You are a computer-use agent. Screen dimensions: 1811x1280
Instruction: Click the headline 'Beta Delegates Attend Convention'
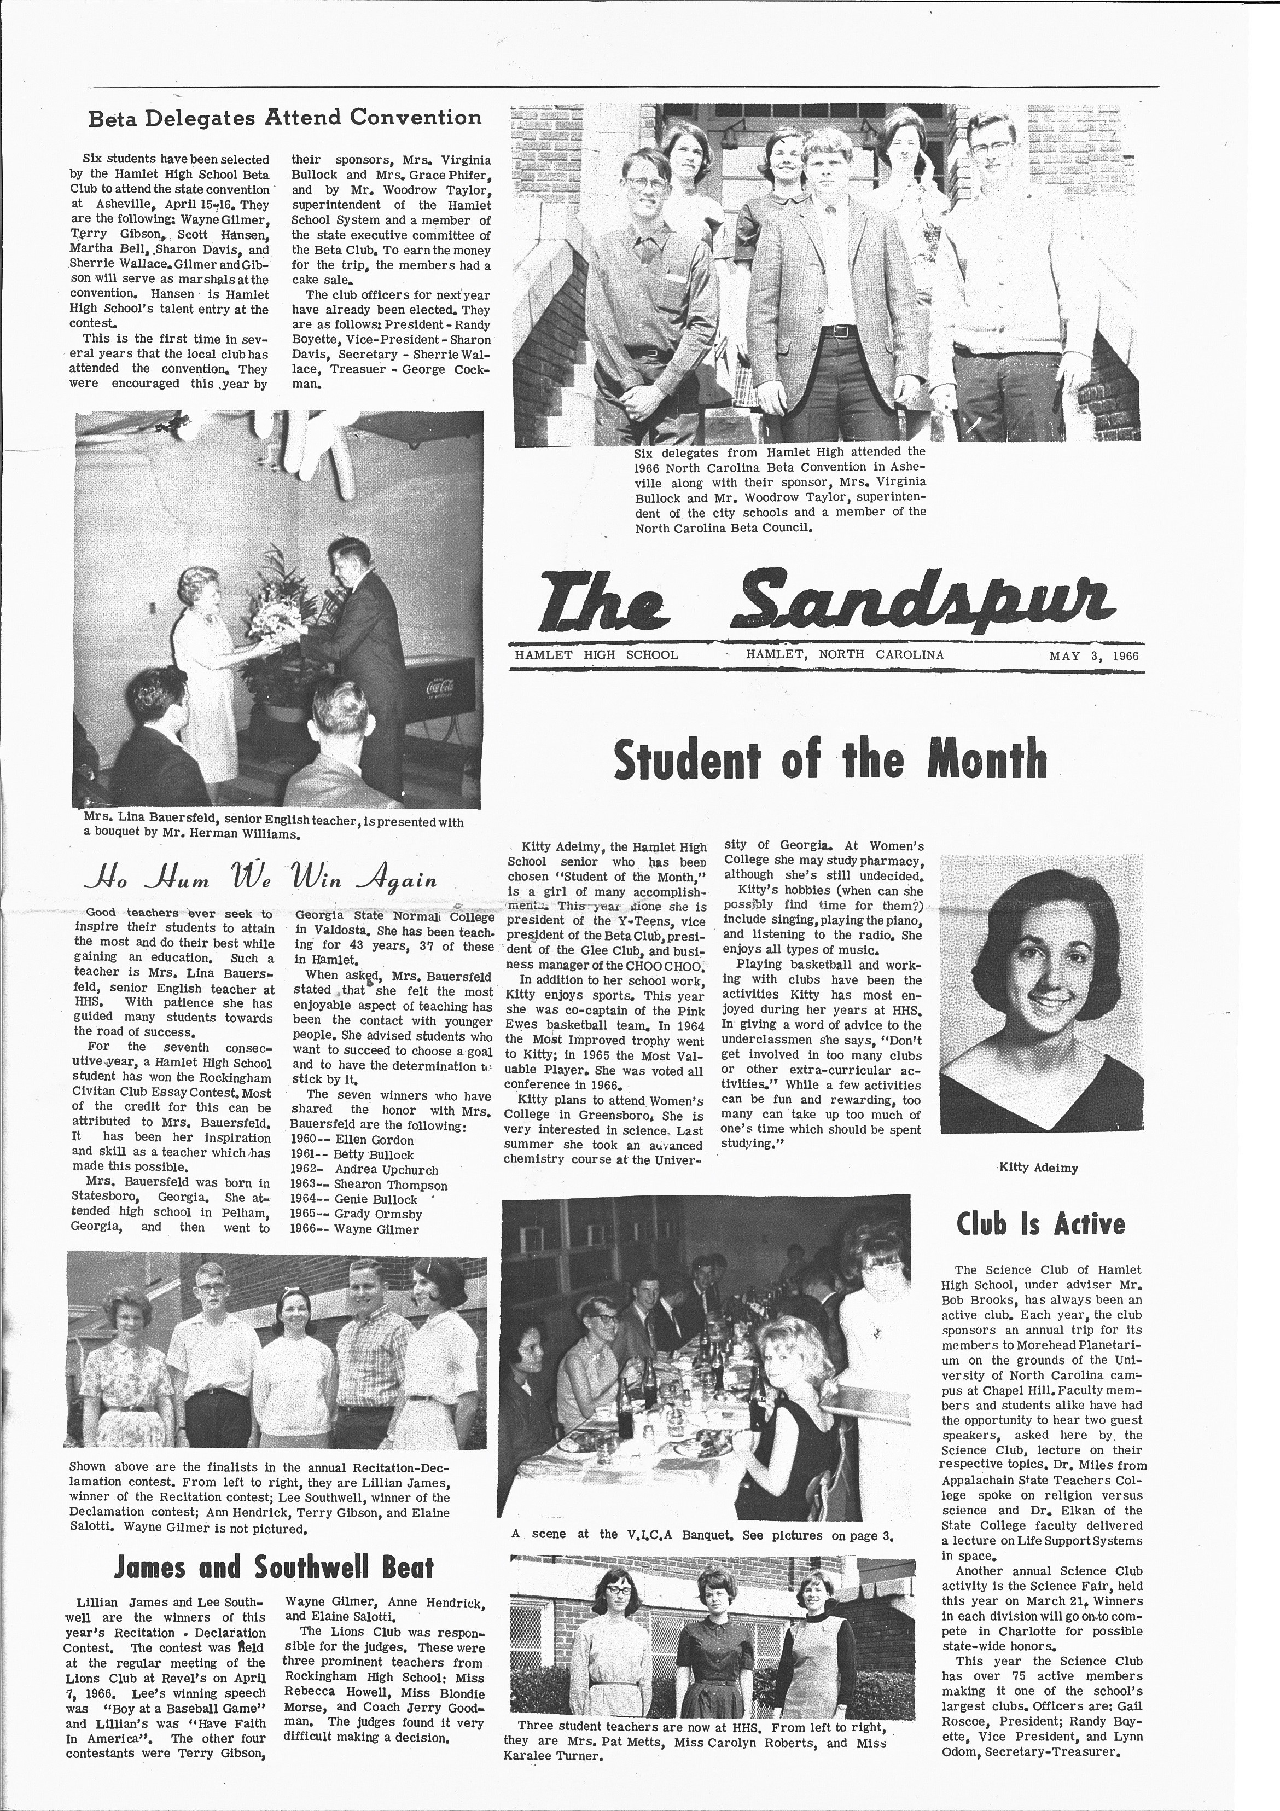[284, 118]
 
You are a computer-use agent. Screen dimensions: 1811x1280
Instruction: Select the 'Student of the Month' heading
[830, 759]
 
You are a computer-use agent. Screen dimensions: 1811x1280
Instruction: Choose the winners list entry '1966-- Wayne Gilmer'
[355, 1229]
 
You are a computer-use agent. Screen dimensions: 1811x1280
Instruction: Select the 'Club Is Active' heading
[1040, 1223]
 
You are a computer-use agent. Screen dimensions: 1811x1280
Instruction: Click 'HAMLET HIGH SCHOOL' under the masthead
[596, 655]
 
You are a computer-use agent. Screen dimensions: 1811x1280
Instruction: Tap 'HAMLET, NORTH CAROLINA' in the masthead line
[845, 655]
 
